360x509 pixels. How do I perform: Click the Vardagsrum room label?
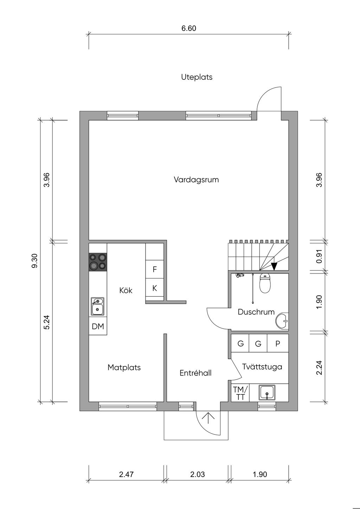click(x=196, y=180)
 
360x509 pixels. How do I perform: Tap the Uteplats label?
click(x=197, y=77)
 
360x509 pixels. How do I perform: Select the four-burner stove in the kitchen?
click(x=98, y=262)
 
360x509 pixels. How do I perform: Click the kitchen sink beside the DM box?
click(x=97, y=307)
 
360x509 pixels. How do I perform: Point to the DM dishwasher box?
click(x=98, y=326)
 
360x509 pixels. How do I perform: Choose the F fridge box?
click(x=155, y=270)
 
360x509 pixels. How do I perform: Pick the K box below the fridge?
click(x=155, y=288)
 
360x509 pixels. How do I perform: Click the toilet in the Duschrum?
click(x=265, y=283)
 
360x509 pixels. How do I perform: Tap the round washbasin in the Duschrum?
click(x=282, y=321)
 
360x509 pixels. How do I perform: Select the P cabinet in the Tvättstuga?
click(x=278, y=343)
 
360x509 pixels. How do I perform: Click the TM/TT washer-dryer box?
click(x=240, y=393)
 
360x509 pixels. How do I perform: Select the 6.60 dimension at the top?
click(x=189, y=28)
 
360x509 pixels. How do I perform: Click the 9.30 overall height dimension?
click(x=34, y=261)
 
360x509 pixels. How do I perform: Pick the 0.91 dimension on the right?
click(x=319, y=256)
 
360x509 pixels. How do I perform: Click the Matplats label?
click(x=124, y=367)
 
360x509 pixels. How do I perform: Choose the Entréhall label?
click(x=195, y=373)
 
